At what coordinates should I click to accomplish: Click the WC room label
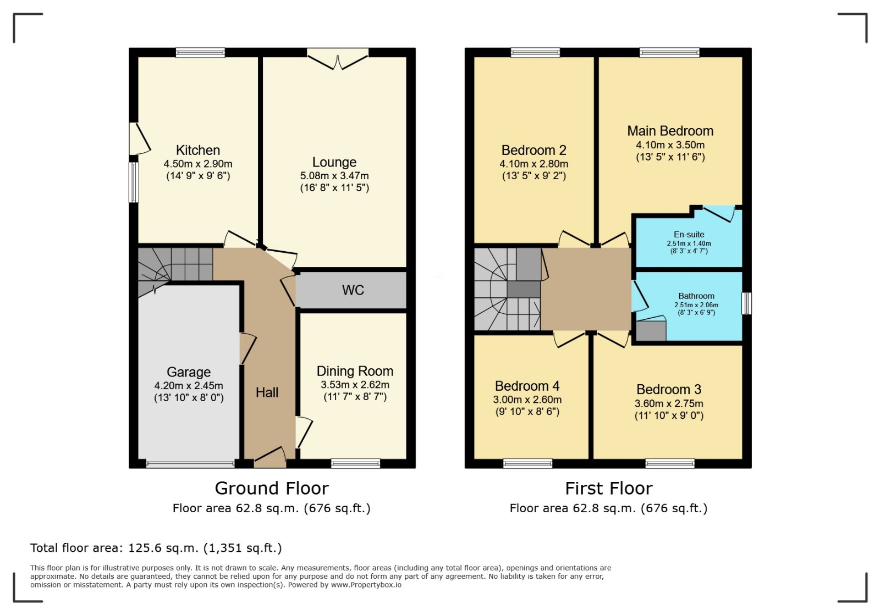point(353,290)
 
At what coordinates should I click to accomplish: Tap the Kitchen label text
point(197,151)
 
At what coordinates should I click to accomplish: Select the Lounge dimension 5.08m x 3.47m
point(334,175)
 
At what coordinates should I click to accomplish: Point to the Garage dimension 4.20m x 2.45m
point(189,385)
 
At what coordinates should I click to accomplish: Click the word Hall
point(267,392)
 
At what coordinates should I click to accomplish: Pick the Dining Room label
point(355,371)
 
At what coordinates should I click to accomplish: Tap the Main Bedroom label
point(670,131)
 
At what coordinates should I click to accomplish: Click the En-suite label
point(689,234)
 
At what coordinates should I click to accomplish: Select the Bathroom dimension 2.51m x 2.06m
point(696,304)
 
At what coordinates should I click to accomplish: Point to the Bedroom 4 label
point(527,386)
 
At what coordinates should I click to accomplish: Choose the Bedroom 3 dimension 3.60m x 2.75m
point(669,403)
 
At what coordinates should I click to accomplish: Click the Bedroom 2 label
point(533,150)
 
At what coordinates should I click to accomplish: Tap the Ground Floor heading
point(272,488)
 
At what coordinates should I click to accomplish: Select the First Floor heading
point(608,488)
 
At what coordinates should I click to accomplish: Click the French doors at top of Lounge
point(338,59)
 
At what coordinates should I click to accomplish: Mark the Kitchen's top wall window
point(200,53)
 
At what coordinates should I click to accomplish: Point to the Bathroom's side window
point(746,303)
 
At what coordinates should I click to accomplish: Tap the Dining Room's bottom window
point(355,463)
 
